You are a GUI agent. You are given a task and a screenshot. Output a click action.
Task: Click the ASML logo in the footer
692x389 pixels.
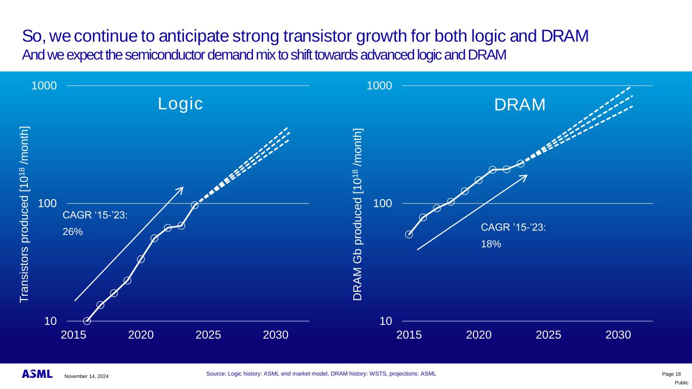pyautogui.click(x=37, y=374)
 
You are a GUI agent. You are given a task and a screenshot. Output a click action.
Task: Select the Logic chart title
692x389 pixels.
pyautogui.click(x=180, y=103)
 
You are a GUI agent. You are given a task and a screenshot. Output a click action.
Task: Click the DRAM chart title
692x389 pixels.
pyautogui.click(x=520, y=105)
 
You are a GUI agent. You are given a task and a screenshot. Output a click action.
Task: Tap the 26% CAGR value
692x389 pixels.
pyautogui.click(x=72, y=231)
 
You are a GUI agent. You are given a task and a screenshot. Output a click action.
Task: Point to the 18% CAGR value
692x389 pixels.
pyautogui.click(x=491, y=244)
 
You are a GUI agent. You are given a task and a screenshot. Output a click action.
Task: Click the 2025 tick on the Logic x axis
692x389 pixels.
pyautogui.click(x=208, y=335)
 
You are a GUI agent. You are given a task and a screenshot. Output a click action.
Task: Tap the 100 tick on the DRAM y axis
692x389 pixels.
pyautogui.click(x=383, y=204)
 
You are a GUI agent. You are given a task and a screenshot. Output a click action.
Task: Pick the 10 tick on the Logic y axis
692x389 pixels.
pyautogui.click(x=50, y=321)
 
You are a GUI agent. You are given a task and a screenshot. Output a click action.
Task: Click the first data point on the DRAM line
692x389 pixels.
pyautogui.click(x=409, y=234)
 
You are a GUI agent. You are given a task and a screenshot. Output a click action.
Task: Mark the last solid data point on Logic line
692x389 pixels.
pyautogui.click(x=195, y=205)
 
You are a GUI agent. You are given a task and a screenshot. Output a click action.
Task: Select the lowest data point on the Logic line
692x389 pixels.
pyautogui.click(x=87, y=321)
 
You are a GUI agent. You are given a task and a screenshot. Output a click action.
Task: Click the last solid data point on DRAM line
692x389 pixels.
pyautogui.click(x=520, y=163)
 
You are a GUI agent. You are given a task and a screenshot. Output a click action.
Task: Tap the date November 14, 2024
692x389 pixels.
pyautogui.click(x=86, y=376)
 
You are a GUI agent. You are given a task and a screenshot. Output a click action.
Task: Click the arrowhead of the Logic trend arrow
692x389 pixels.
pyautogui.click(x=181, y=189)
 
